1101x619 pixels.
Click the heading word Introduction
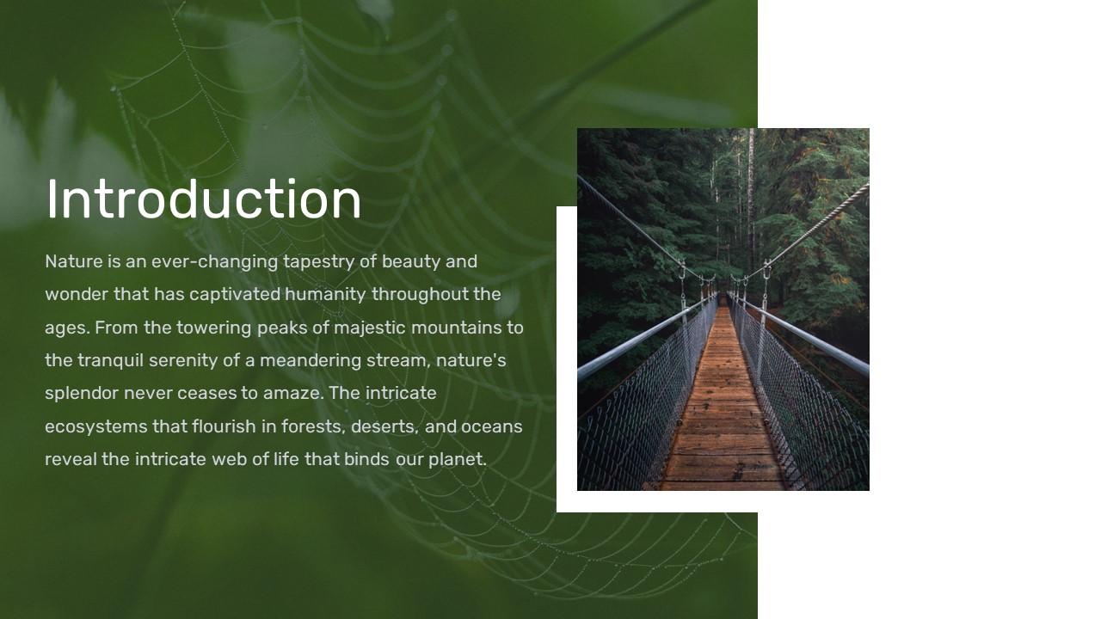pyautogui.click(x=204, y=199)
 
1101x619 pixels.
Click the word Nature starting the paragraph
pyautogui.click(x=74, y=261)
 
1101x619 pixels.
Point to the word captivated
pyautogui.click(x=235, y=295)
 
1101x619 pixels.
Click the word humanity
pyautogui.click(x=325, y=295)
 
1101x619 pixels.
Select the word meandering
pyautogui.click(x=311, y=361)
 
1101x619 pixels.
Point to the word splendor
pyautogui.click(x=82, y=394)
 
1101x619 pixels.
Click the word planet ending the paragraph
pyautogui.click(x=457, y=460)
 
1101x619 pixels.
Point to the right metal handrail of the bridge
pyautogui.click(x=801, y=334)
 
